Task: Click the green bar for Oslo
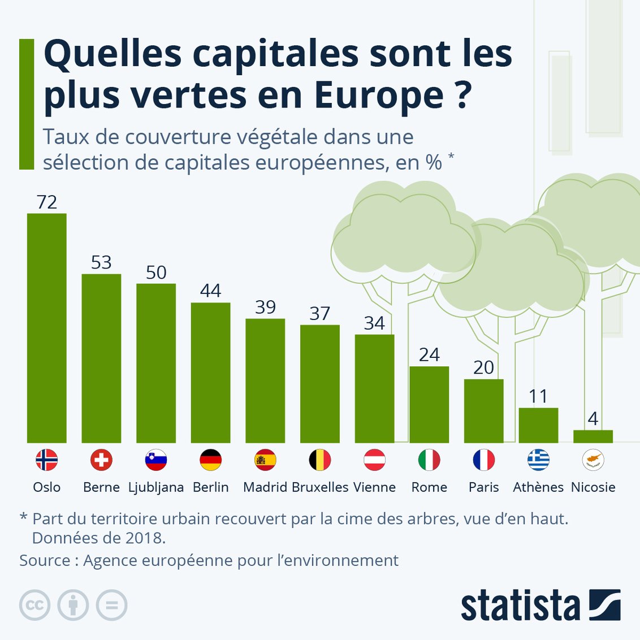pyautogui.click(x=47, y=328)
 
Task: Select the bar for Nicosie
pyautogui.click(x=593, y=436)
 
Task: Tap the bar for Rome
pyautogui.click(x=429, y=404)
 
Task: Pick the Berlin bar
pyautogui.click(x=210, y=373)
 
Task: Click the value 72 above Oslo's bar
pyautogui.click(x=47, y=202)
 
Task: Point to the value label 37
pyautogui.click(x=319, y=313)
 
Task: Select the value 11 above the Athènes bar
pyautogui.click(x=538, y=396)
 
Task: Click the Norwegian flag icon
pyautogui.click(x=47, y=460)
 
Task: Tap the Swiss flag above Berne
pyautogui.click(x=101, y=460)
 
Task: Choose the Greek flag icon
pyautogui.click(x=538, y=460)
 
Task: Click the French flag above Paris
pyautogui.click(x=484, y=460)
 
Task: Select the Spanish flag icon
pyautogui.click(x=265, y=460)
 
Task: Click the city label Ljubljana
pyautogui.click(x=156, y=487)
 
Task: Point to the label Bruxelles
pyautogui.click(x=320, y=487)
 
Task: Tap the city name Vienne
pyautogui.click(x=374, y=487)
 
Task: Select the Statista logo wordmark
pyautogui.click(x=520, y=606)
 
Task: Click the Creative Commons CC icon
pyautogui.click(x=35, y=606)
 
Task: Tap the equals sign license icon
pyautogui.click(x=111, y=606)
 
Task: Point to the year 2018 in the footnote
pyautogui.click(x=143, y=538)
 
